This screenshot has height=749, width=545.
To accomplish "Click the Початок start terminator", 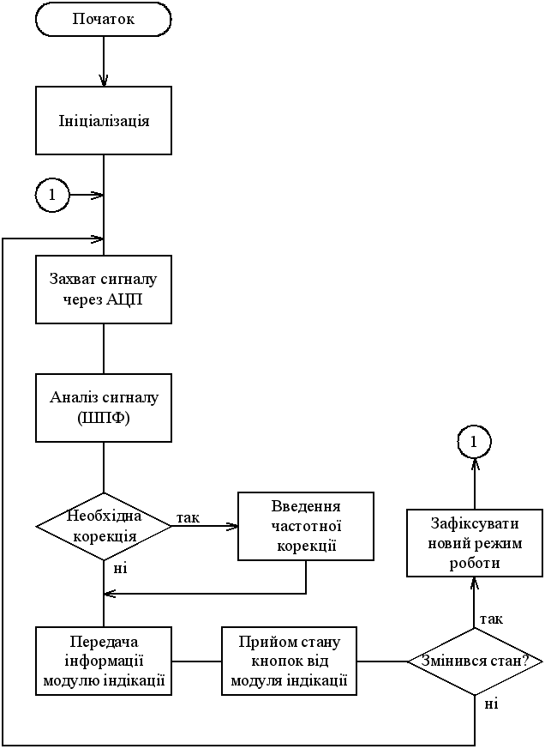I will click(x=103, y=19).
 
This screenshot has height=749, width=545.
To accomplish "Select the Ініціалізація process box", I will click(x=103, y=120).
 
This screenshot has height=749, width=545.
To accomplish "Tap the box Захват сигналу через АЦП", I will click(x=103, y=289).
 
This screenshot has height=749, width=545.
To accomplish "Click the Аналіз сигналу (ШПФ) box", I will click(x=103, y=408).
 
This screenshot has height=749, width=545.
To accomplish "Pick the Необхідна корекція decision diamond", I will click(x=103, y=526).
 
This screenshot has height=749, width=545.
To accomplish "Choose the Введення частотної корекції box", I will click(x=306, y=526).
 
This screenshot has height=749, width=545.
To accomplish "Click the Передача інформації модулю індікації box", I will click(x=103, y=661).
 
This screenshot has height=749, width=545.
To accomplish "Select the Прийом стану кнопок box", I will click(x=289, y=661).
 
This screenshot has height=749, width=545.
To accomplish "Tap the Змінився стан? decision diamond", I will click(x=474, y=661).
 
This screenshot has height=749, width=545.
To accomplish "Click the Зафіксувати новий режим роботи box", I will click(x=474, y=543).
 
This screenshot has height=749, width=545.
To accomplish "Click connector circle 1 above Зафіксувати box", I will click(x=474, y=442).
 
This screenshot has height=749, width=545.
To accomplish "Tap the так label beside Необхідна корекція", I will click(x=188, y=517).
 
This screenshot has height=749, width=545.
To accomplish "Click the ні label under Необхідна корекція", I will click(x=121, y=567).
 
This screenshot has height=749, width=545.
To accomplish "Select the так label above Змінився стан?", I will click(x=491, y=619).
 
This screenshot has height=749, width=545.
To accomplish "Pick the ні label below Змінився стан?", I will click(x=491, y=704).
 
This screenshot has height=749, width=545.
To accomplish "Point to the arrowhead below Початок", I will click(x=104, y=81).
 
